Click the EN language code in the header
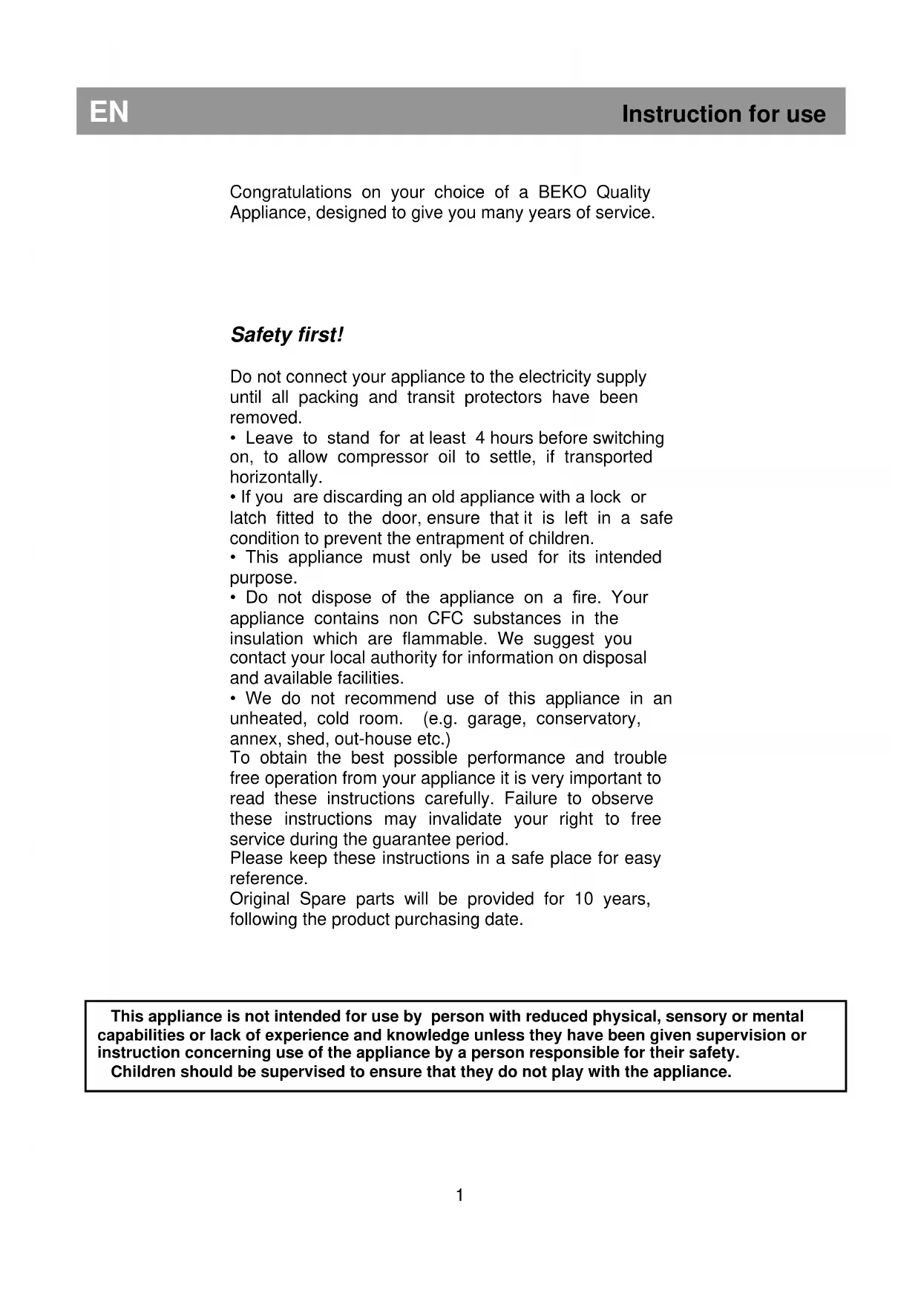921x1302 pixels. [109, 112]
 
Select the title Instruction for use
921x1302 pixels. [723, 114]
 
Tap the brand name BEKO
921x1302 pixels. [562, 192]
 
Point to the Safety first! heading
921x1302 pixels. [286, 335]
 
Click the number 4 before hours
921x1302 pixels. [480, 438]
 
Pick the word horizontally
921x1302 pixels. [275, 477]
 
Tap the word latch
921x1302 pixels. [248, 518]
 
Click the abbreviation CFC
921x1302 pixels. [445, 618]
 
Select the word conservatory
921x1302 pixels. [587, 719]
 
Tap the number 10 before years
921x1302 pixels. [583, 899]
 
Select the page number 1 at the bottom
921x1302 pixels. [459, 1195]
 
